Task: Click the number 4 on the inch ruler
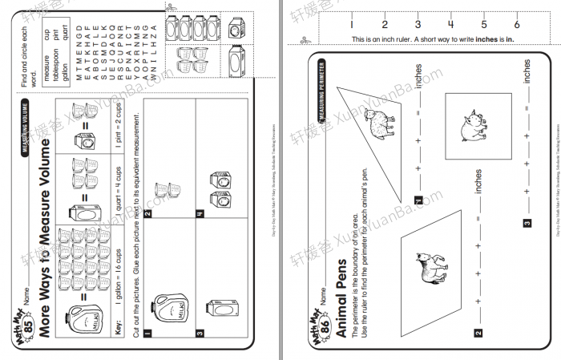[450, 24]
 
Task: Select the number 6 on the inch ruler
[517, 24]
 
